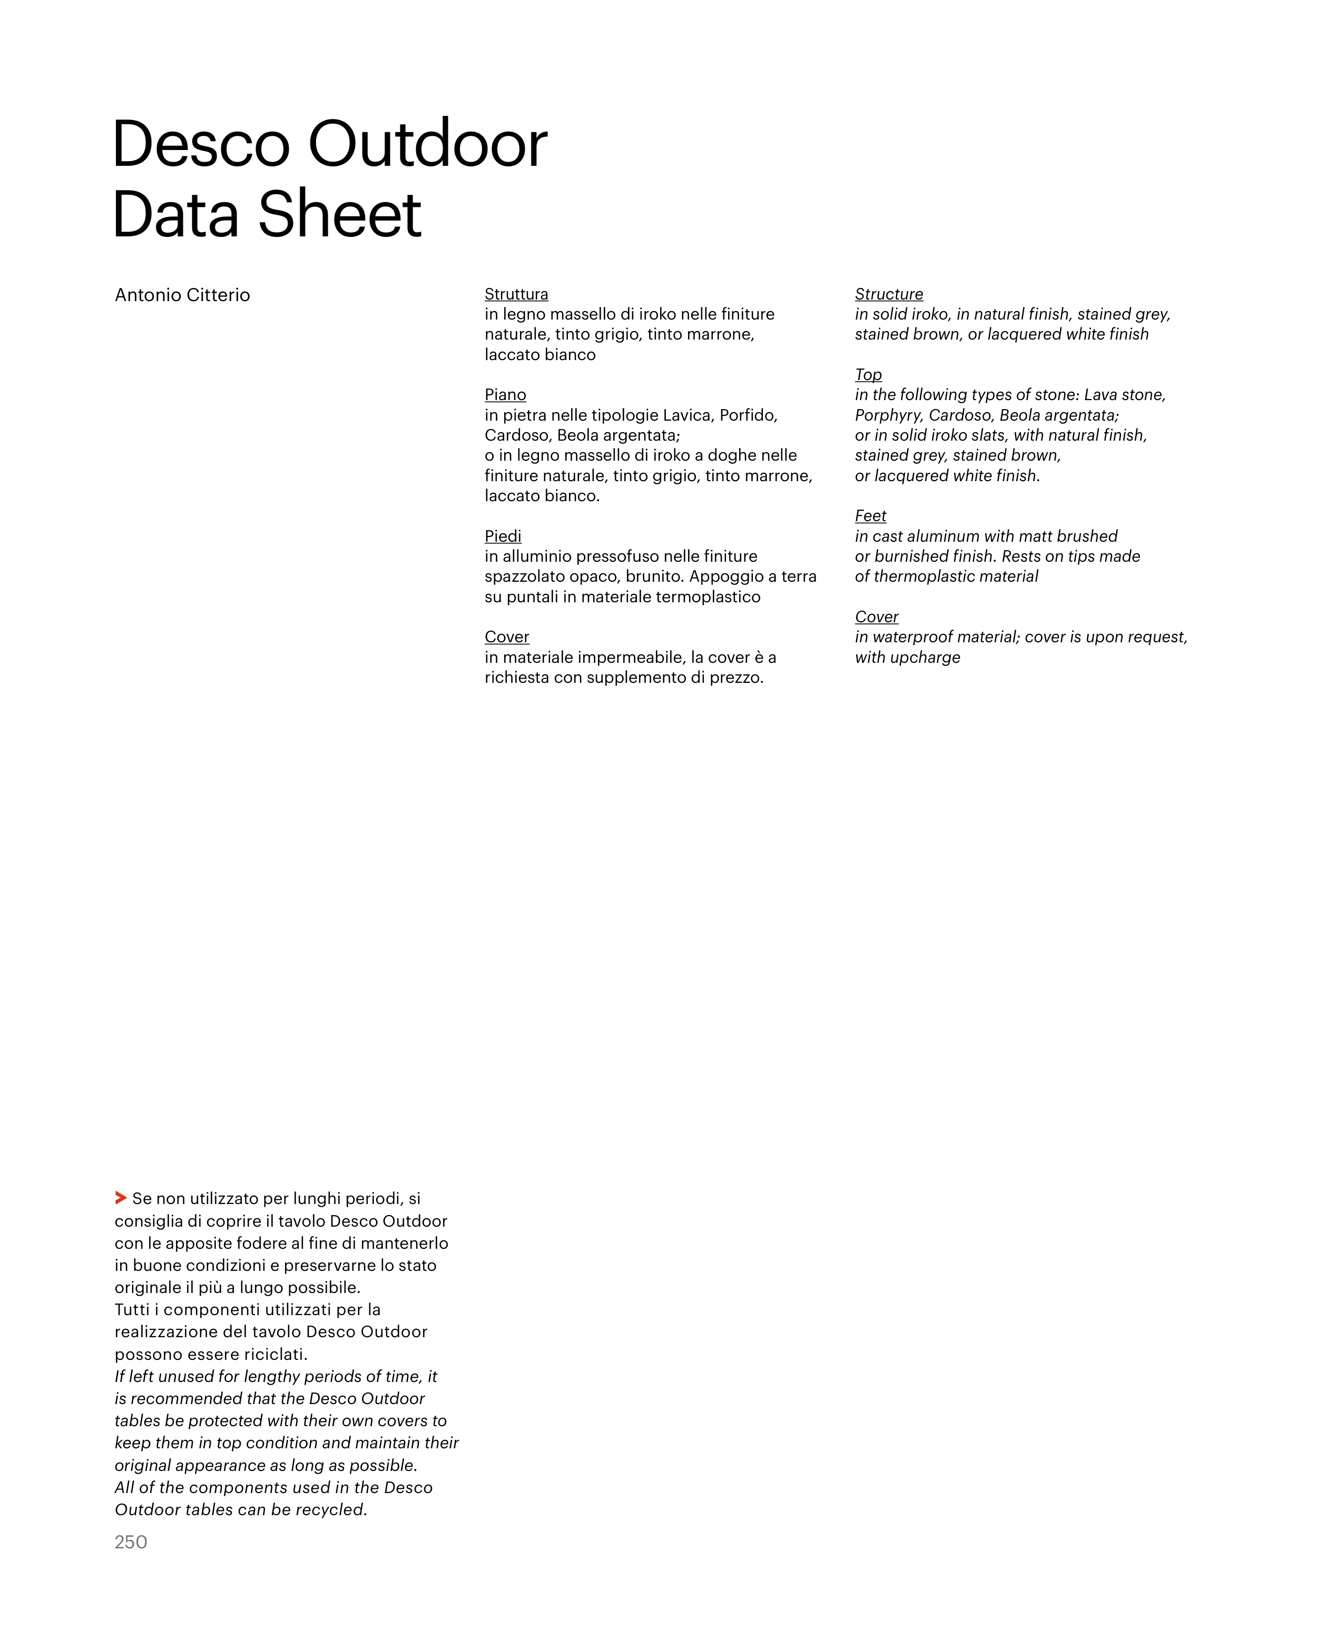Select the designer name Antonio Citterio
pos(182,295)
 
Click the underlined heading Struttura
pos(516,294)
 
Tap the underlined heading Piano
pos(505,395)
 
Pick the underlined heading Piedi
pos(503,536)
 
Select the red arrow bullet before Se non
pos(121,1198)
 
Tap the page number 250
pos(131,1542)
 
